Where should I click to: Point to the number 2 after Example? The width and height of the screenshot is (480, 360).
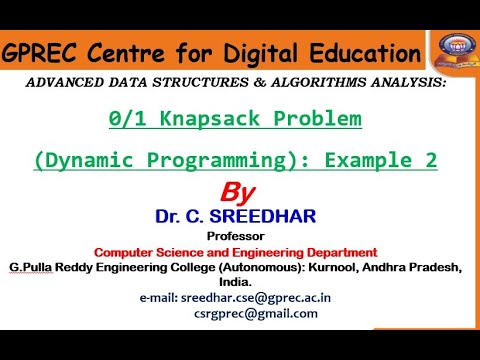coord(430,160)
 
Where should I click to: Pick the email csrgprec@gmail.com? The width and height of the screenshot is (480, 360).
coord(256,313)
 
